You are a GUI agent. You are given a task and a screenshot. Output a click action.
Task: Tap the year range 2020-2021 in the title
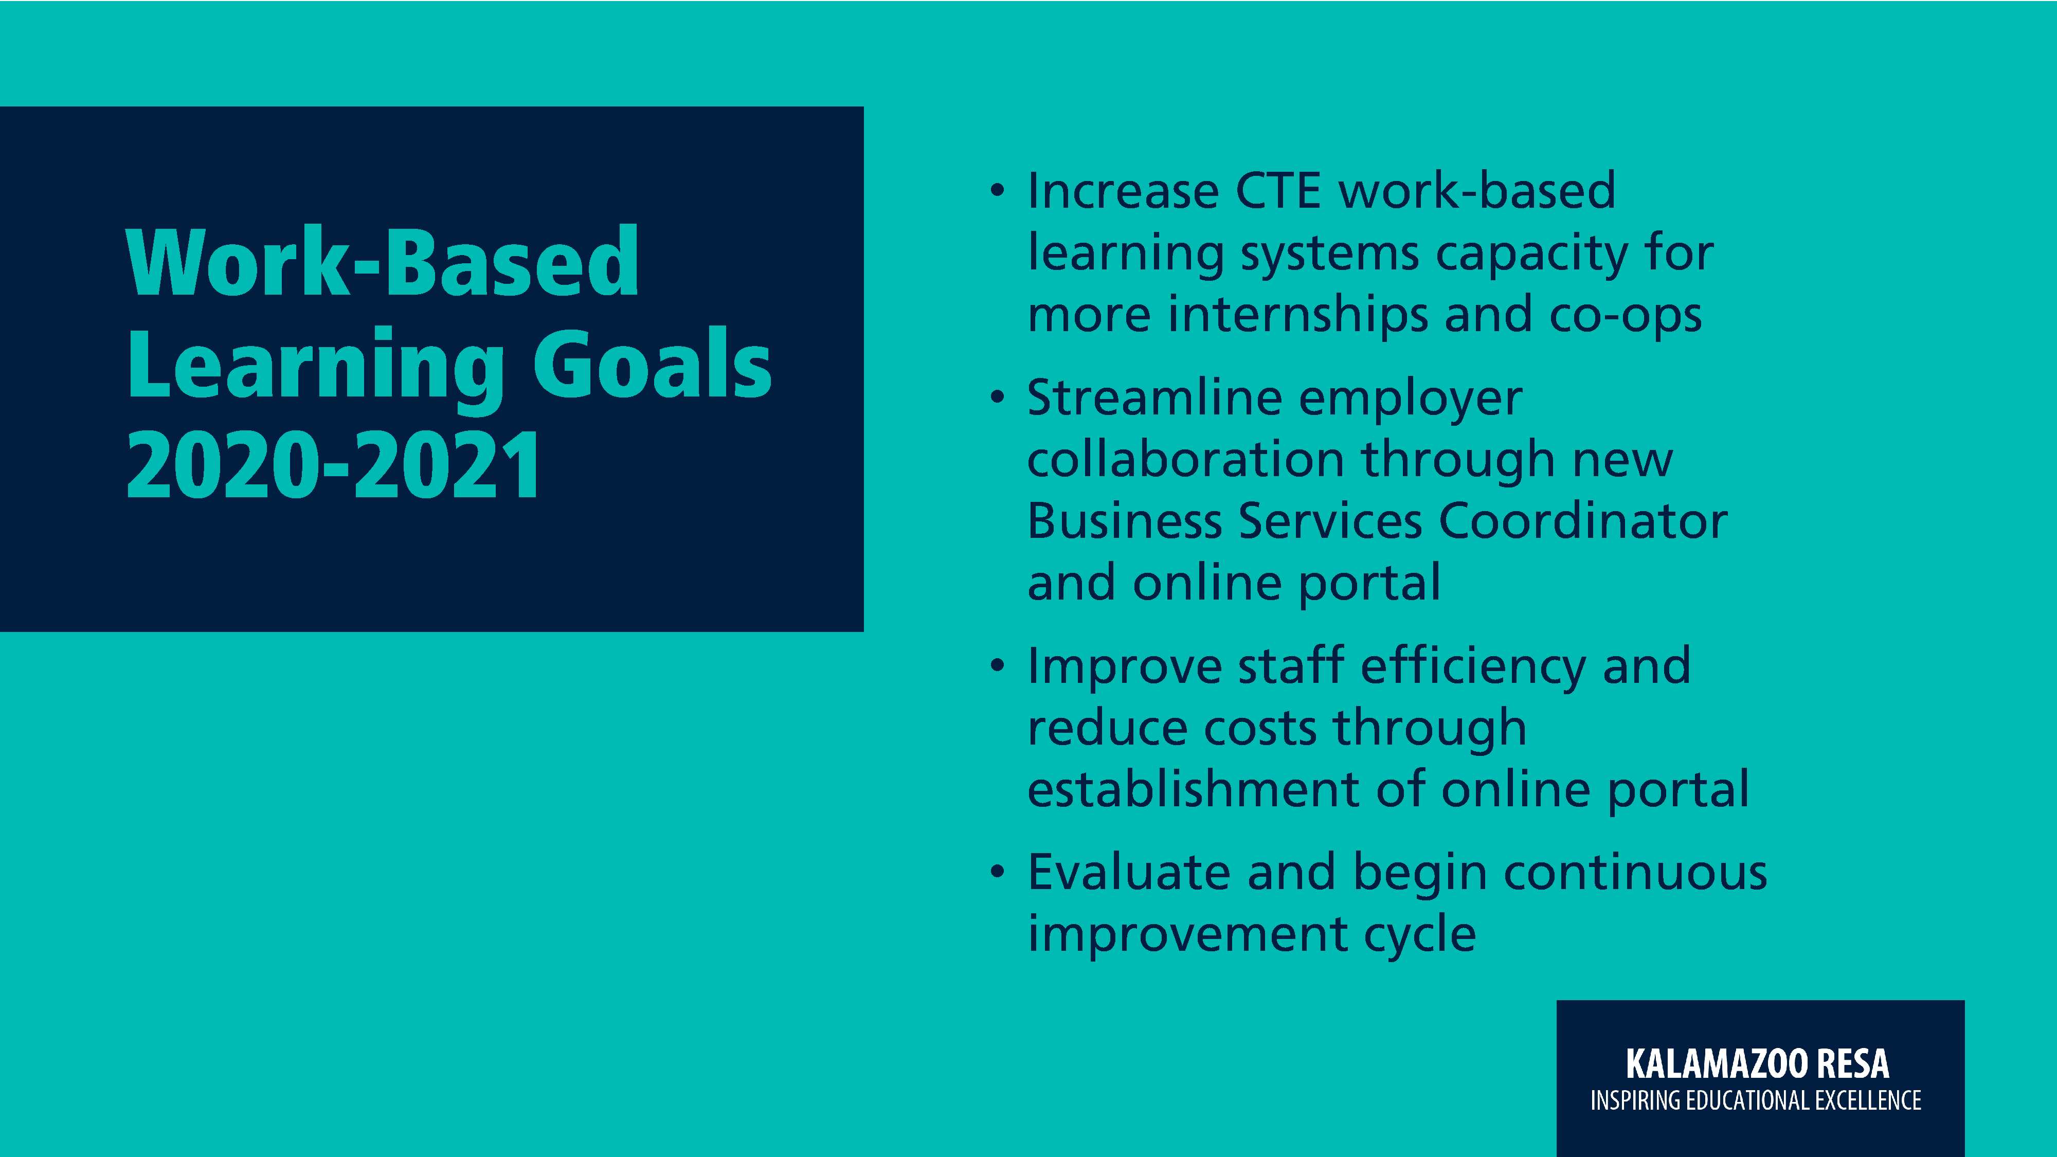pos(334,465)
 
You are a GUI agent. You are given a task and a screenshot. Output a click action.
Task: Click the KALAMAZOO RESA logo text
pos(1758,1063)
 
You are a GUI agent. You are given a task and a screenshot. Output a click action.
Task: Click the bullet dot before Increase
pos(997,191)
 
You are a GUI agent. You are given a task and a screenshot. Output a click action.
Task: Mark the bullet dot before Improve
pos(997,665)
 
